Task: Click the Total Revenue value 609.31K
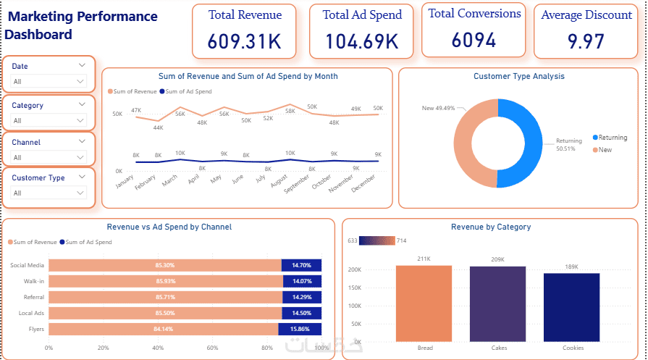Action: point(245,41)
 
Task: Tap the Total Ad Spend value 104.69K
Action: point(362,41)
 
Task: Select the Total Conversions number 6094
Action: point(474,41)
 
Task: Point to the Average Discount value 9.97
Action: point(586,41)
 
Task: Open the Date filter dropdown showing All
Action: point(49,82)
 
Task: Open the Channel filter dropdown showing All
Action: point(49,157)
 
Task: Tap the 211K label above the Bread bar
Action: point(424,259)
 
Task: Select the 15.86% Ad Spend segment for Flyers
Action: point(300,329)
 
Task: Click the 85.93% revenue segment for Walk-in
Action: point(165,281)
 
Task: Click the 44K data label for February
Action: point(158,127)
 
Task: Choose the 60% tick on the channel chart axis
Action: point(213,348)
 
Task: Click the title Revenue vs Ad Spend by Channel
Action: point(169,227)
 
